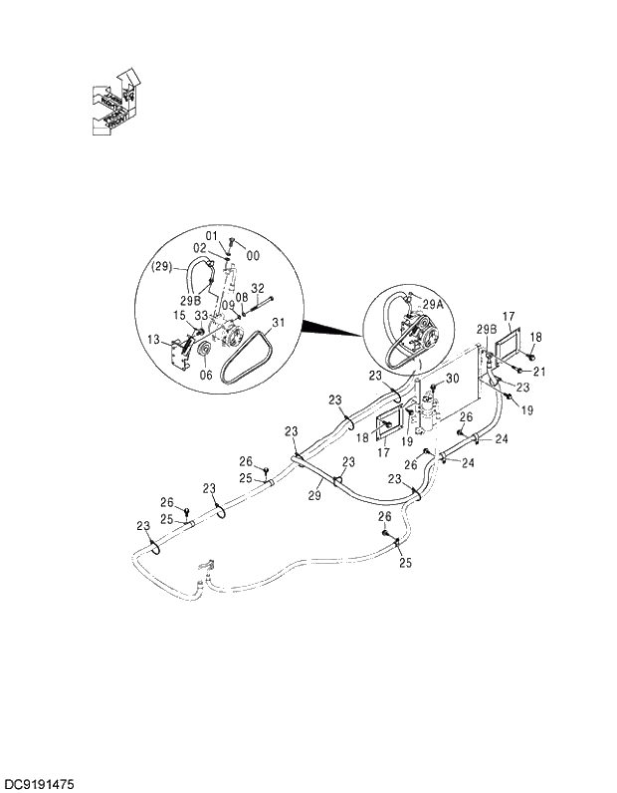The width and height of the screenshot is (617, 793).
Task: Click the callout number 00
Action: point(253,256)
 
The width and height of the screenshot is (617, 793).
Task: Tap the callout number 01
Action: point(211,235)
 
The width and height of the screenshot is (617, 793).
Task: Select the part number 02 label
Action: point(200,247)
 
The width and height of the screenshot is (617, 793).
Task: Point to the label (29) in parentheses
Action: point(162,266)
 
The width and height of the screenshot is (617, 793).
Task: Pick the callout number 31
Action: point(278,322)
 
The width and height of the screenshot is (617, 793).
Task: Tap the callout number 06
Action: point(206,375)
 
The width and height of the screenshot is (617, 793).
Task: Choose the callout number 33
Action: point(201,315)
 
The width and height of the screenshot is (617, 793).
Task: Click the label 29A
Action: point(433,305)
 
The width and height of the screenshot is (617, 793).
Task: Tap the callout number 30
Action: point(451,379)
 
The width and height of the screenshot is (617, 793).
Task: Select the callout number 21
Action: point(540,372)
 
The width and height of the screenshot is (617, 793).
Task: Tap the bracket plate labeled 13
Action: point(179,353)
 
